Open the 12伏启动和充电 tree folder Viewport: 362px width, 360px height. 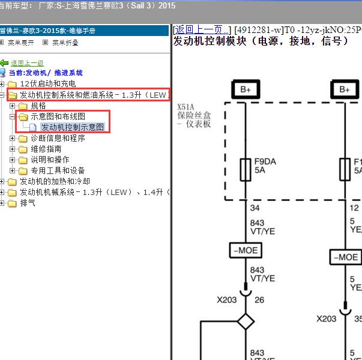(x=47, y=84)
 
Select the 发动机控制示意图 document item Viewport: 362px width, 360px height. (x=72, y=127)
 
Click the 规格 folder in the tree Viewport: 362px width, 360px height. (x=38, y=106)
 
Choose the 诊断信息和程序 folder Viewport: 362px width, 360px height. (x=58, y=138)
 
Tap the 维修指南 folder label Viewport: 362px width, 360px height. (x=46, y=149)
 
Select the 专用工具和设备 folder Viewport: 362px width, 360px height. (x=58, y=170)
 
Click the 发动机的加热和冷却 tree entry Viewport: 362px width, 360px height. (x=55, y=181)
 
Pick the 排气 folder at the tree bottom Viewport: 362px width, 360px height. (x=28, y=203)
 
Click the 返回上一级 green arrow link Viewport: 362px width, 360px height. (x=26, y=63)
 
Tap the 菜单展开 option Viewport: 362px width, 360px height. (x=20, y=43)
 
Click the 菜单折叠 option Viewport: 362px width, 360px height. (x=65, y=43)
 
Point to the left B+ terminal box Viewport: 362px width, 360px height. (x=246, y=89)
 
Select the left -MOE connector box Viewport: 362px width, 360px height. (x=246, y=250)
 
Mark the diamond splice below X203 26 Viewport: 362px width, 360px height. (x=246, y=321)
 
